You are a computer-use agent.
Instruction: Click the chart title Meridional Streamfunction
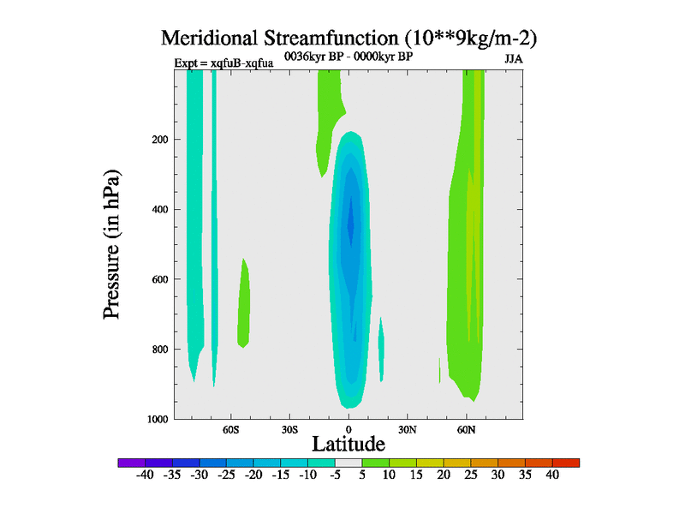click(x=348, y=39)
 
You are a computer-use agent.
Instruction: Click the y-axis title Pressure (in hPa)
click(x=112, y=245)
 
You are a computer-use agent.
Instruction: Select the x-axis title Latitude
click(x=348, y=444)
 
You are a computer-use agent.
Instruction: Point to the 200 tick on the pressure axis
click(x=158, y=140)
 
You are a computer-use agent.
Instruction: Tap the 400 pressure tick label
click(x=158, y=210)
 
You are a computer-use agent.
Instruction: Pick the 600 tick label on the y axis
click(x=158, y=279)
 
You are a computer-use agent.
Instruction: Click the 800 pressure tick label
click(x=158, y=350)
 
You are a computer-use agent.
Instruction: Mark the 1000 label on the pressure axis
click(x=155, y=419)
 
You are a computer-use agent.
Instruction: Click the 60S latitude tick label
click(x=231, y=429)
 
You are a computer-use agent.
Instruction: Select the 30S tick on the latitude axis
click(x=289, y=429)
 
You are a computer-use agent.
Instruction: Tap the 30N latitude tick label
click(x=407, y=429)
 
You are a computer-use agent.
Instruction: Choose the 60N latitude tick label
click(x=466, y=429)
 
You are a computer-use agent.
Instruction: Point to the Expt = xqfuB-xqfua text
click(x=223, y=63)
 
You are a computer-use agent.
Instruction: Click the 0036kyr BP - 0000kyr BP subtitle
click(x=348, y=56)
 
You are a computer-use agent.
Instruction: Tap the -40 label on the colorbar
click(x=145, y=475)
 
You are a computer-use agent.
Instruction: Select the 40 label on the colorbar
click(x=552, y=475)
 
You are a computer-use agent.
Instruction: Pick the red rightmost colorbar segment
click(x=566, y=463)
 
